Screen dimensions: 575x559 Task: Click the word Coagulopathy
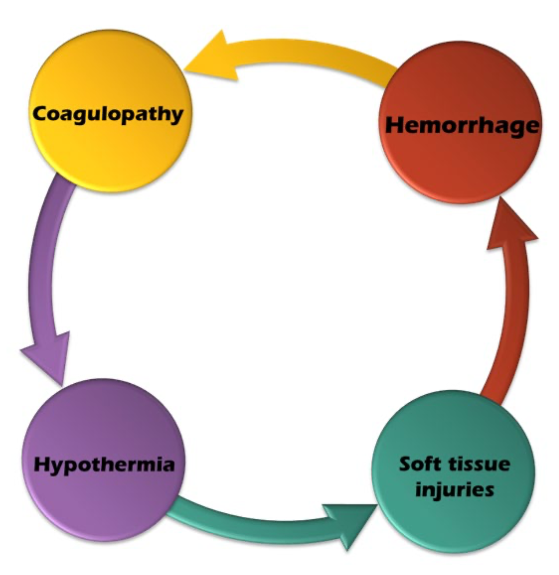click(x=108, y=115)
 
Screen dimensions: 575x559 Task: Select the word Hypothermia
click(x=104, y=465)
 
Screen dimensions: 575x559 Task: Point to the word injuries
click(x=454, y=489)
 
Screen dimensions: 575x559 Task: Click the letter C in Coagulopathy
click(x=41, y=114)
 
